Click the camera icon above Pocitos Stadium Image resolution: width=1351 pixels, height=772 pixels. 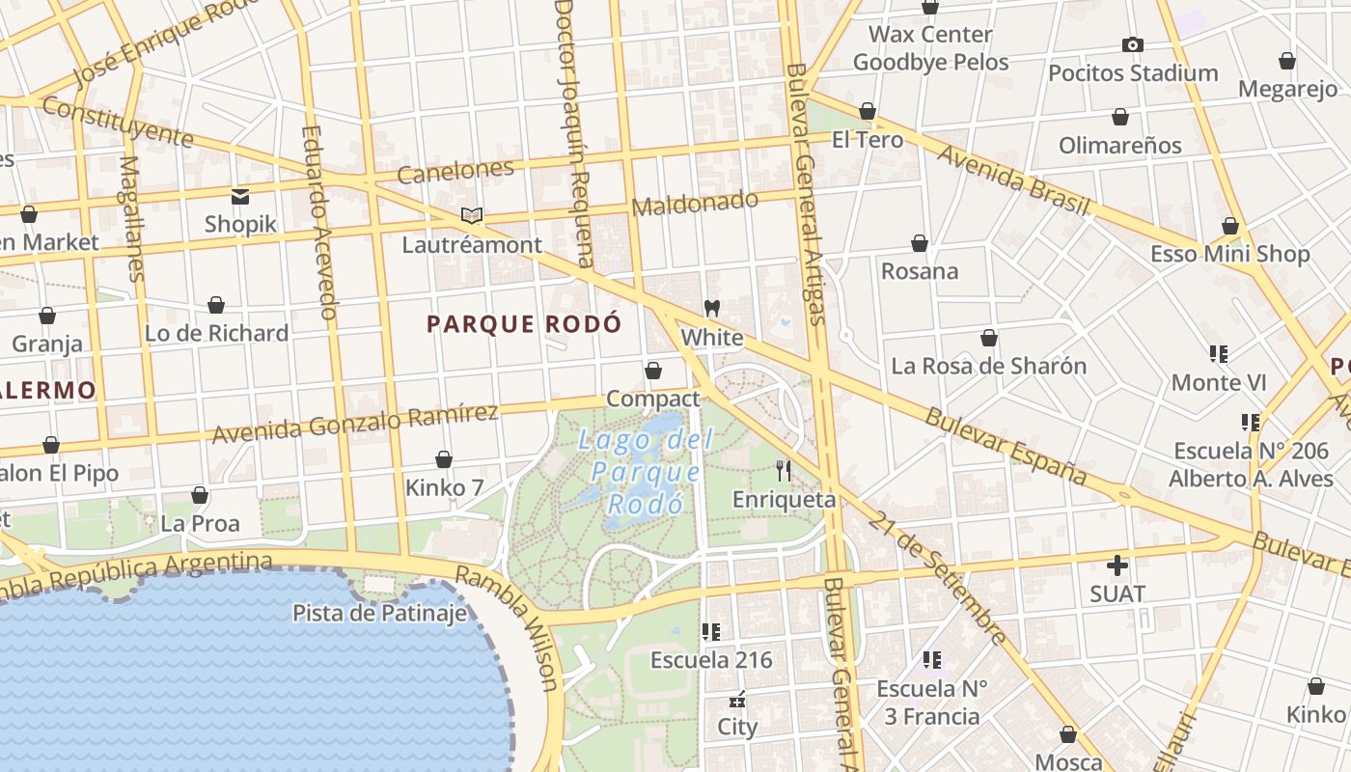1133,44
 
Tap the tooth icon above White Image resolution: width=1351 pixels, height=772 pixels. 712,309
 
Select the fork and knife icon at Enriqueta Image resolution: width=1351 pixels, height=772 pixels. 784,471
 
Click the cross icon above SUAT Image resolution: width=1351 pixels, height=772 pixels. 1117,565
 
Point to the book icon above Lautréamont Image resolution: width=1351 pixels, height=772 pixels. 471,216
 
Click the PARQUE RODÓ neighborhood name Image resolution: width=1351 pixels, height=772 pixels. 524,324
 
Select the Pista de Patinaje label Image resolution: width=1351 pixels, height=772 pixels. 379,613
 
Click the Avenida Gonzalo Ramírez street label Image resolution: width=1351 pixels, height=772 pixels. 355,426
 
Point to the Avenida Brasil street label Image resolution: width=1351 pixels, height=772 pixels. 1013,180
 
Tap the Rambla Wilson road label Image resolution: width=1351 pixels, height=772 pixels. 507,628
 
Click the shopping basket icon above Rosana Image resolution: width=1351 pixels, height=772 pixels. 920,243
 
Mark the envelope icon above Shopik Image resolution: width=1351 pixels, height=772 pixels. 240,197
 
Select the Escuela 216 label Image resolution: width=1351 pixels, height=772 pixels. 711,660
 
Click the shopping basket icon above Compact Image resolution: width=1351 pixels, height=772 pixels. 653,371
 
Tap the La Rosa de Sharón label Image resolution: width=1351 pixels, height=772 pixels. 988,367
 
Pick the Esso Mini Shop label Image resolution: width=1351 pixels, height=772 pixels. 1229,254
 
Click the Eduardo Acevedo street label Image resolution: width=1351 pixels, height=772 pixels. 318,222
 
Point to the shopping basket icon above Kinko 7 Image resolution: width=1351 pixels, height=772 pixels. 444,459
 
